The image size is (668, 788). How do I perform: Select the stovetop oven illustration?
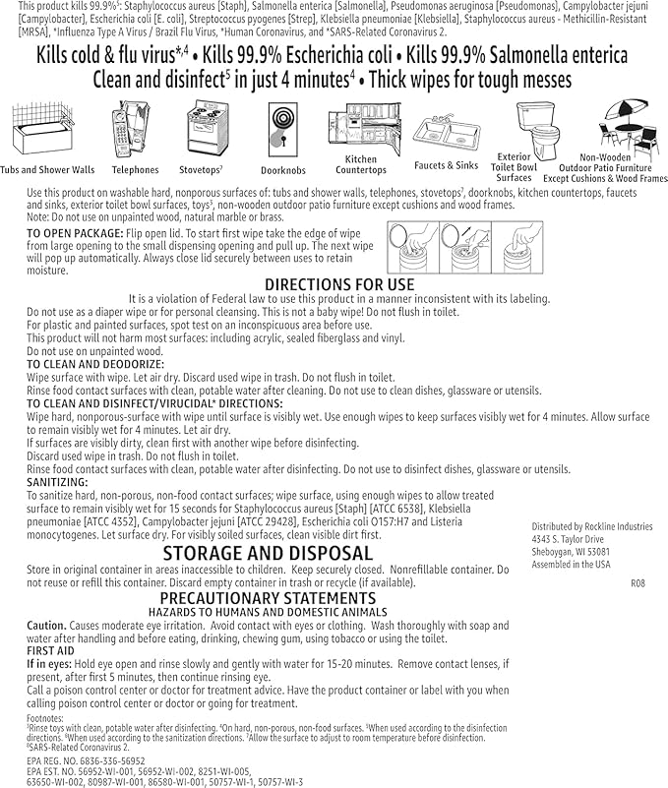tap(209, 129)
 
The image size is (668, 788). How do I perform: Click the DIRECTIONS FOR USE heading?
tap(339, 284)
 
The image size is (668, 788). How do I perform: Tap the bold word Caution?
tap(46, 625)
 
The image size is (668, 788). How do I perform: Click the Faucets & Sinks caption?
tap(446, 165)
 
